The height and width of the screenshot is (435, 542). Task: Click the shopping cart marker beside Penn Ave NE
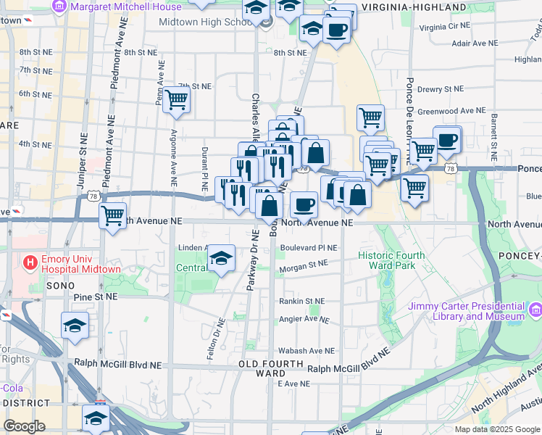[x=176, y=101]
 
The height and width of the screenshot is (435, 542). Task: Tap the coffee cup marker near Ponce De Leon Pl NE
[x=447, y=140]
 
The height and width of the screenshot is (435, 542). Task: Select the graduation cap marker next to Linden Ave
[x=222, y=258]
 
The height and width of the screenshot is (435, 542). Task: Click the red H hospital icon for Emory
[x=31, y=261]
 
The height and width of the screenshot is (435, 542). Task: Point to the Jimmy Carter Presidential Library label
[x=466, y=311]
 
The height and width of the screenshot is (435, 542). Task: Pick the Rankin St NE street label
[x=303, y=301]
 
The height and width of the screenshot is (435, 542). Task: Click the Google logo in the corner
[x=24, y=426]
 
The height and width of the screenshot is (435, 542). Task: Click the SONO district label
[x=57, y=286]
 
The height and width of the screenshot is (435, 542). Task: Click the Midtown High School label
[x=202, y=22]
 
